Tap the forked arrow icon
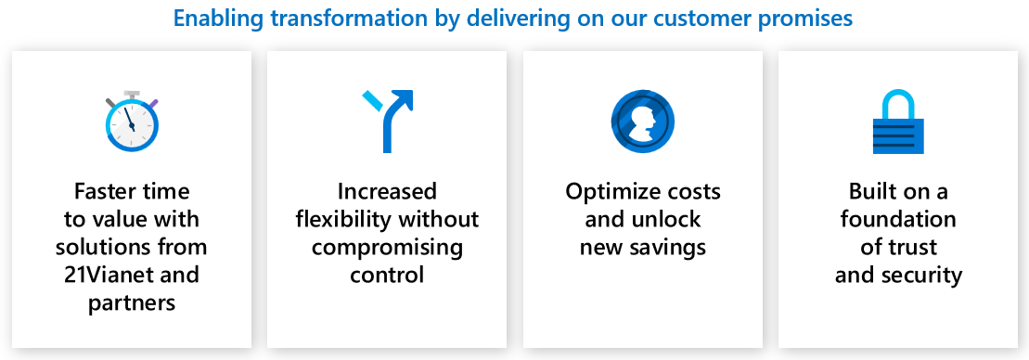(x=389, y=122)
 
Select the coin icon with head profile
(x=642, y=122)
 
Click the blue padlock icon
(x=898, y=122)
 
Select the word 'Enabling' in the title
(x=216, y=19)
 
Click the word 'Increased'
(x=387, y=191)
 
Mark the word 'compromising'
(x=387, y=247)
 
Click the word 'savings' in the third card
(x=670, y=247)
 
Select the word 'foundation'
(x=898, y=219)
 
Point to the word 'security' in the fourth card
(x=922, y=275)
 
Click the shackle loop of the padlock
(x=898, y=102)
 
